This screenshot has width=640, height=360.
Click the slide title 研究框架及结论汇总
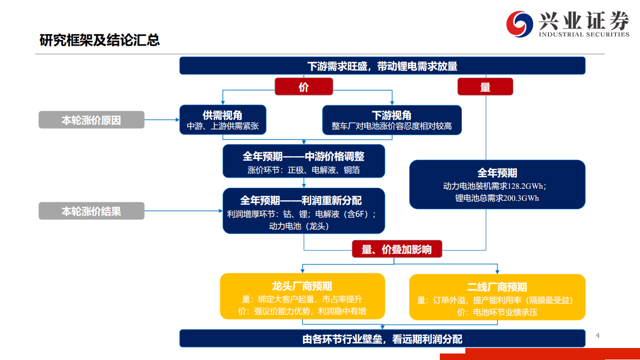100,40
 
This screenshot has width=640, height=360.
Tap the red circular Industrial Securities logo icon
520,24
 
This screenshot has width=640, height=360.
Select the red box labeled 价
304,87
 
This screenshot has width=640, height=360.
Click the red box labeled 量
485,87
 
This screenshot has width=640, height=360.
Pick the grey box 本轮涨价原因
92,120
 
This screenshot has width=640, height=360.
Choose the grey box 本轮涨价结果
92,211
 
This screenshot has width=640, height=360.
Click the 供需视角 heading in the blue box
223,115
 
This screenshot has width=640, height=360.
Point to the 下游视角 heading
391,115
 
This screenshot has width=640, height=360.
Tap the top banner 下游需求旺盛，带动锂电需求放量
382,66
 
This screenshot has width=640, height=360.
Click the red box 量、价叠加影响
397,249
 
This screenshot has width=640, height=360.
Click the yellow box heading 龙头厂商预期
302,286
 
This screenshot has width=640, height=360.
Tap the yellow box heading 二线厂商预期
497,287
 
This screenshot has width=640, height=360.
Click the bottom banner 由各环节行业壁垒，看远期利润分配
382,339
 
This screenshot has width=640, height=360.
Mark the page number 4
597,335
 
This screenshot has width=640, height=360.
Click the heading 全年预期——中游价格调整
304,157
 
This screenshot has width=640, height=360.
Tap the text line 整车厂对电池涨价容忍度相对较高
391,126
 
